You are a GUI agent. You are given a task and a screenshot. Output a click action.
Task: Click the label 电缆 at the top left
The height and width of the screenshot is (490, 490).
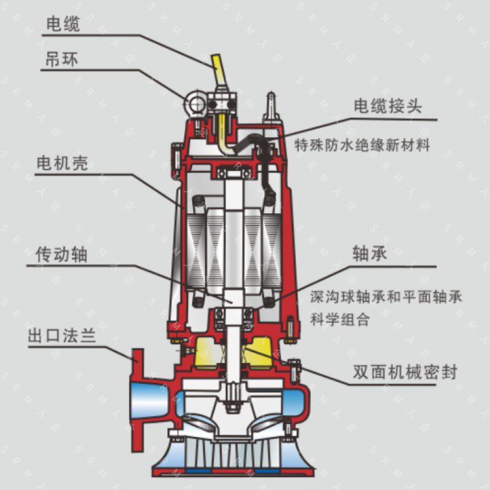pyautogui.click(x=64, y=24)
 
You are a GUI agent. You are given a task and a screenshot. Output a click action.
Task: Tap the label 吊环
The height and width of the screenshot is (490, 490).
pyautogui.click(x=62, y=59)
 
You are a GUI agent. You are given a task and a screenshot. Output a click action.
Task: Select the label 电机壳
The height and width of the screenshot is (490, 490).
pyautogui.click(x=62, y=163)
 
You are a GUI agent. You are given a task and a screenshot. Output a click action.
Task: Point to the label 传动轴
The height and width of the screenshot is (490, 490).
pyautogui.click(x=62, y=254)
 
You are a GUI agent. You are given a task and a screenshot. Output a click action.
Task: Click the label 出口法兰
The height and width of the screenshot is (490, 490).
pyautogui.click(x=62, y=336)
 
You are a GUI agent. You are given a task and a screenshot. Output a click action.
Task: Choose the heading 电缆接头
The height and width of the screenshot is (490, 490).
pyautogui.click(x=388, y=106)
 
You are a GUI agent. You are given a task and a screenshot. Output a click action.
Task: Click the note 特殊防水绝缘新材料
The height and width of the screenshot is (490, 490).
pyautogui.click(x=362, y=145)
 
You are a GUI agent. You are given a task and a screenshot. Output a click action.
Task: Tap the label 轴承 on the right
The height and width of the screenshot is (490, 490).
pyautogui.click(x=370, y=254)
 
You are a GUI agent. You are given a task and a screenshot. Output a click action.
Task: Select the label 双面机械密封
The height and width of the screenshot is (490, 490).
pyautogui.click(x=405, y=372)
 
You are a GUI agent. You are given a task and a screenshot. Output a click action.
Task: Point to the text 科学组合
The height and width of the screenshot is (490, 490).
pyautogui.click(x=340, y=319)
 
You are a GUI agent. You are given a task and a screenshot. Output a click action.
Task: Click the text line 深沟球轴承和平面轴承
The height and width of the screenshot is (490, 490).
pyautogui.click(x=386, y=296)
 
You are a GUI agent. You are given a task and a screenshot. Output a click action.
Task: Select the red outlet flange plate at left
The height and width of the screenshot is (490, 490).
pyautogui.click(x=137, y=400)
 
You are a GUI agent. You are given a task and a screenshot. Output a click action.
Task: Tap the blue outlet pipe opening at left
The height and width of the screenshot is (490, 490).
pyautogui.click(x=150, y=401)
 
